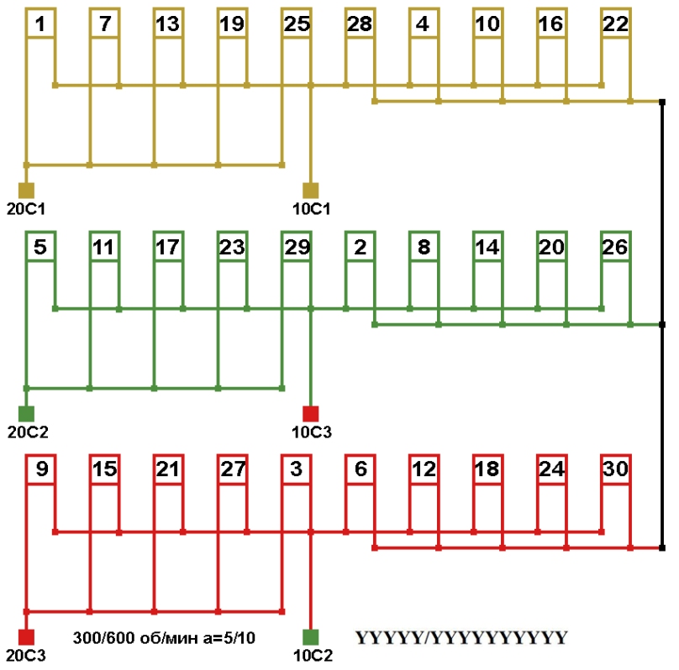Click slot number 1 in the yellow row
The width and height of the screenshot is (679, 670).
(x=40, y=24)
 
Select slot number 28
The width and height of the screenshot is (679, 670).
(x=359, y=24)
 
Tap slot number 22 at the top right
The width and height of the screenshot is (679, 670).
(x=615, y=24)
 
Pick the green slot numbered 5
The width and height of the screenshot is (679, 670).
(x=40, y=247)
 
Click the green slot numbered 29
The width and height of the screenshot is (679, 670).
(x=296, y=247)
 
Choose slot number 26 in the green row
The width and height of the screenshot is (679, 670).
(x=615, y=247)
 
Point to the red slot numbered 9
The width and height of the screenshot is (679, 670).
(x=40, y=470)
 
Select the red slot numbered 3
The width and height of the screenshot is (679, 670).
(x=296, y=470)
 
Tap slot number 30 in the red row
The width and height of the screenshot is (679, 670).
(x=615, y=470)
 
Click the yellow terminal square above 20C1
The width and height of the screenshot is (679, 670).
(x=26, y=189)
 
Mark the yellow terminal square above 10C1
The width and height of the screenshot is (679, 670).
(x=311, y=189)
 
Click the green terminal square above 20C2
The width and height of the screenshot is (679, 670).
(x=26, y=413)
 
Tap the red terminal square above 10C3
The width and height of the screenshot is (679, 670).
(x=311, y=413)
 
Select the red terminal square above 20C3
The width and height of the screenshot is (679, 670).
(x=26, y=636)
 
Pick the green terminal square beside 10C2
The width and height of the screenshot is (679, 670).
(x=311, y=636)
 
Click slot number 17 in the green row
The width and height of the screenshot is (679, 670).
(x=168, y=247)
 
